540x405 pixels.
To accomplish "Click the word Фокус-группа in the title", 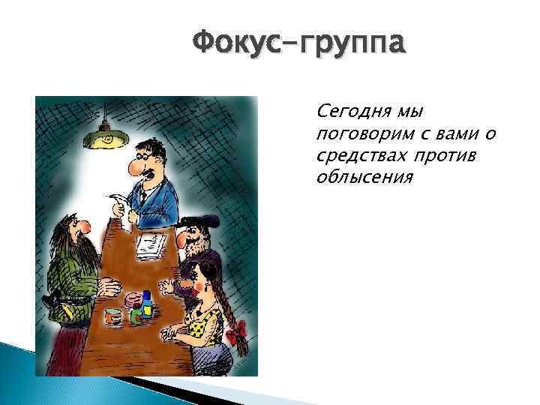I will coord(299,43).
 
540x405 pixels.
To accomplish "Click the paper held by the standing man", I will coord(121,205).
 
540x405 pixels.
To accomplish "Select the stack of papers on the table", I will coord(152,245).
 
